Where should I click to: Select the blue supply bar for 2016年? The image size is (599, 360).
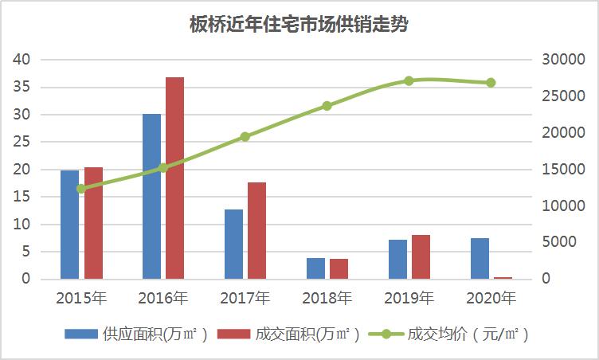click(x=151, y=196)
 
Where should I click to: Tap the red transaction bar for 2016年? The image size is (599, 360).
click(x=174, y=178)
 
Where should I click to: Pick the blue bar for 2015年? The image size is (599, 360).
click(x=70, y=225)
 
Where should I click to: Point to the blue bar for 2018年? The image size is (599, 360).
click(x=315, y=268)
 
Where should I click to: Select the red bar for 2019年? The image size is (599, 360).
click(x=421, y=257)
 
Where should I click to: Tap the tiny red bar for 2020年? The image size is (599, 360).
click(x=503, y=278)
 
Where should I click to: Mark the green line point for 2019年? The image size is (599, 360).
click(x=409, y=80)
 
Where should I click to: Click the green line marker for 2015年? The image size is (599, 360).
click(x=81, y=189)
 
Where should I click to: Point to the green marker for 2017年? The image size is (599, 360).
click(x=245, y=136)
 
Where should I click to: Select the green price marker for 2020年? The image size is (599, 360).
click(x=491, y=83)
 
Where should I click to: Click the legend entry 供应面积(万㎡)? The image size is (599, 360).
click(x=136, y=335)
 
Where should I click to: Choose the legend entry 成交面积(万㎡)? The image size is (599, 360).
click(x=288, y=335)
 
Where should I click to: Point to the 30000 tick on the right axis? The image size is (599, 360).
click(x=555, y=60)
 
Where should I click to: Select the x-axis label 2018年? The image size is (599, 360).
click(x=327, y=299)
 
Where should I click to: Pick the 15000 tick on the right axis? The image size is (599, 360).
click(x=555, y=170)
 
